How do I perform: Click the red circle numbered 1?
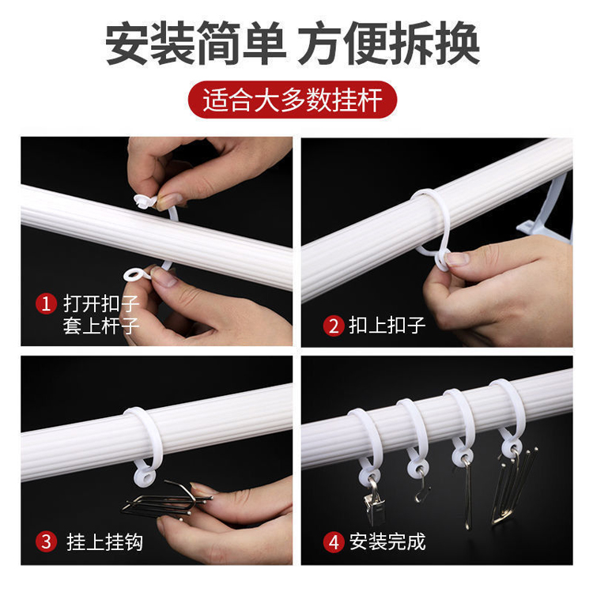[x=46, y=304]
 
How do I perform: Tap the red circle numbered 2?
[x=333, y=326]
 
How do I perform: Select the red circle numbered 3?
[x=46, y=541]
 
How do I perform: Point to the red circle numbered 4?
[x=333, y=542]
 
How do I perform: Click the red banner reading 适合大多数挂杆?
[x=293, y=100]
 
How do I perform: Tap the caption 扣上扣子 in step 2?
[x=387, y=326]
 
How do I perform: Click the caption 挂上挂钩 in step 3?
[x=104, y=542]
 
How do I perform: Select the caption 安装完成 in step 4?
[x=387, y=542]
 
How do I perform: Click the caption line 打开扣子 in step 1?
[x=101, y=304]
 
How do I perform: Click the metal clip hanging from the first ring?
[x=374, y=503]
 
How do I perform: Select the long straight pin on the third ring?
[x=468, y=496]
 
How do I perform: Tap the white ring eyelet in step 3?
[x=145, y=477]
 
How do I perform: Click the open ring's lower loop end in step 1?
[x=137, y=274]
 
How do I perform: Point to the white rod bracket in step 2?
[x=545, y=212]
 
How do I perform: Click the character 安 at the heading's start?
[x=127, y=43]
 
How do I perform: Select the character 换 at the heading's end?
[x=458, y=43]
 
